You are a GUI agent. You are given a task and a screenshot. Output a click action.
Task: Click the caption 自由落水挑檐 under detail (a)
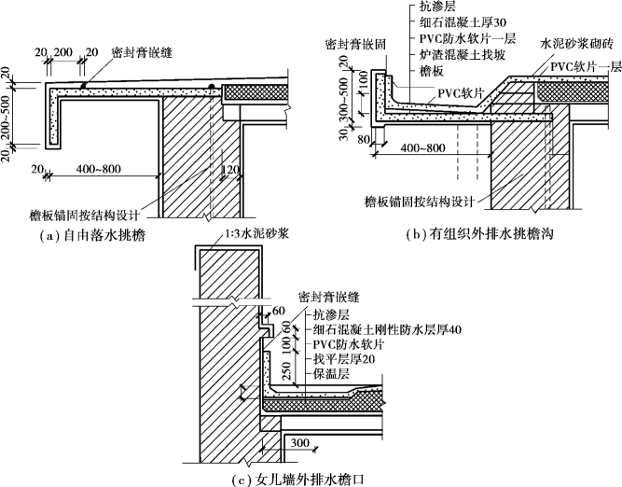tap(104, 236)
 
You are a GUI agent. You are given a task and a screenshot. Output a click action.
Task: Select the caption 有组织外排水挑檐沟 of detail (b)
tap(491, 234)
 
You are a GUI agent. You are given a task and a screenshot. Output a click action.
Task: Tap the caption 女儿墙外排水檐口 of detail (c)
tap(311, 479)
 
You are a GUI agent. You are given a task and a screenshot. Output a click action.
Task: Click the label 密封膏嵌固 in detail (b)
tap(355, 44)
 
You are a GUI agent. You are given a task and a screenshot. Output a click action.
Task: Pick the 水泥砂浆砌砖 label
tap(577, 43)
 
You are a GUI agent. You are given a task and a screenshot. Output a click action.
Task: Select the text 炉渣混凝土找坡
tap(463, 54)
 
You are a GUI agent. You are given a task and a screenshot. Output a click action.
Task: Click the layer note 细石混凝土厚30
tap(463, 22)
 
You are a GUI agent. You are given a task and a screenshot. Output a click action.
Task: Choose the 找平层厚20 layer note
tap(344, 359)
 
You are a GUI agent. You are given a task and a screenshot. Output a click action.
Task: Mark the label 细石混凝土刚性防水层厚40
tap(387, 329)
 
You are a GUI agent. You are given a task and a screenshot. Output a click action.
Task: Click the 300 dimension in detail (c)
tap(299, 442)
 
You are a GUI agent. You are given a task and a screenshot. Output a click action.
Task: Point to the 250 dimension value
tap(288, 370)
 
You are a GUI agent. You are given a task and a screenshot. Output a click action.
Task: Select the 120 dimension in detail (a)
tap(230, 170)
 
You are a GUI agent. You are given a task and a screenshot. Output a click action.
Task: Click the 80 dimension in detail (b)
tap(364, 139)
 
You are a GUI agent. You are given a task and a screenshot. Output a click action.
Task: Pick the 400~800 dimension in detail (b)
tap(422, 148)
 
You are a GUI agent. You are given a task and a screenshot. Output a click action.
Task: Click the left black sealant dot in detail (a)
tap(83, 85)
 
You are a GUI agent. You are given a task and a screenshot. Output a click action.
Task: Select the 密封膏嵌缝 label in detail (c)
tap(329, 297)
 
